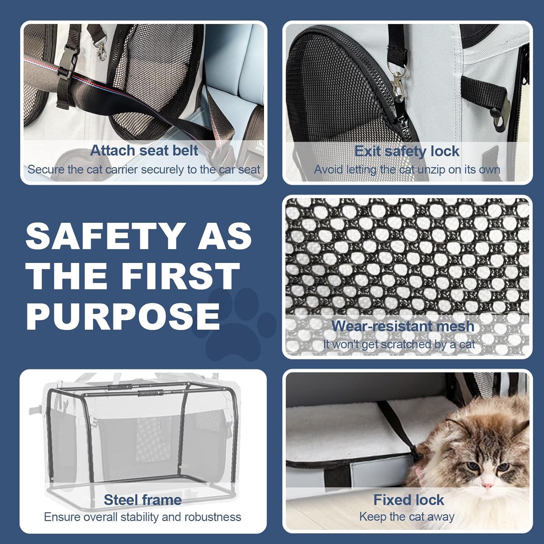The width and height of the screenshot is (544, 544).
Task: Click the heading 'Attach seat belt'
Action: point(144,151)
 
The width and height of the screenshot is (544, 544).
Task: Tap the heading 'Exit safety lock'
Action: point(407,151)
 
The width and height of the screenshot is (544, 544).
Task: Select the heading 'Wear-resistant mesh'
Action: point(403,326)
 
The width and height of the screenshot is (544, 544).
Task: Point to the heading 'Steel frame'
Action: point(143,500)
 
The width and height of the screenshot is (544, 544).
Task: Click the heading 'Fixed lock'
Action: point(409,500)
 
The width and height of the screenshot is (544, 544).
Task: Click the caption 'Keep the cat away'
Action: point(407,517)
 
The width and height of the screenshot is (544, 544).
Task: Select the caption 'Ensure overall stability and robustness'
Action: point(143,517)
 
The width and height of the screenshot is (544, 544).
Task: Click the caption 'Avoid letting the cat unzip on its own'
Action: point(407,169)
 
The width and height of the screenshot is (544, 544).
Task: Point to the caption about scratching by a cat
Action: point(399,344)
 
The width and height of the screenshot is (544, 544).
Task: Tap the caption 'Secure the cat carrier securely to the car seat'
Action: point(144,169)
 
